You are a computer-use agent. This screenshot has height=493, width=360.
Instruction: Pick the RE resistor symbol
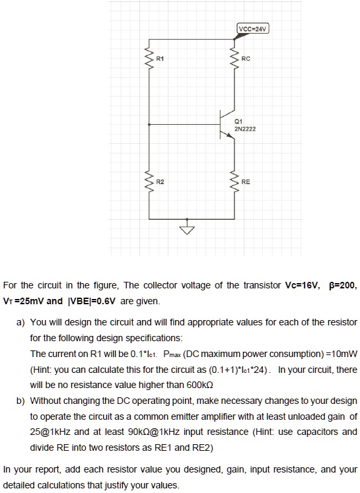click(234, 178)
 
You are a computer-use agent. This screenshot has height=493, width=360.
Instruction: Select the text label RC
click(246, 57)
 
